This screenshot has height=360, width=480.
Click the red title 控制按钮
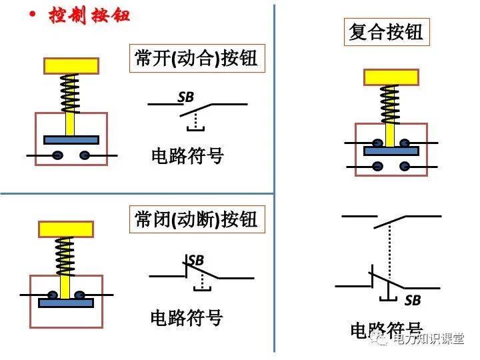[89, 16]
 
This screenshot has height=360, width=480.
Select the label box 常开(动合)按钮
[195, 59]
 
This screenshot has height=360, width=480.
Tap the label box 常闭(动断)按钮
[195, 219]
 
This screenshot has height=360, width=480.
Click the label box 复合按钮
[386, 31]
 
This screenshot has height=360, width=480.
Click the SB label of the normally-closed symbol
[195, 260]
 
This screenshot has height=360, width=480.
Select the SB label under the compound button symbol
[413, 301]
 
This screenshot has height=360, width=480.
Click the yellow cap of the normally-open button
[71, 65]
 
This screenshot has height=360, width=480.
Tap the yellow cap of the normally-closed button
[65, 229]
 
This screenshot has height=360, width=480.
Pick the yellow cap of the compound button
[391, 77]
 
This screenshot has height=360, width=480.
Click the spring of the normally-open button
[70, 93]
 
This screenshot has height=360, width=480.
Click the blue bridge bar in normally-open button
[71, 140]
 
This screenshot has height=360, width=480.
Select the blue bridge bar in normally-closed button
[65, 303]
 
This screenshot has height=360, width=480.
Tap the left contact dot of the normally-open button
[58, 155]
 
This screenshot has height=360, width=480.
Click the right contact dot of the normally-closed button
[79, 294]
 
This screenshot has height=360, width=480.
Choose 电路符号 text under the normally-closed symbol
[187, 317]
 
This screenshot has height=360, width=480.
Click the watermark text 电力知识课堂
[427, 340]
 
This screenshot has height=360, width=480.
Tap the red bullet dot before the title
[31, 14]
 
